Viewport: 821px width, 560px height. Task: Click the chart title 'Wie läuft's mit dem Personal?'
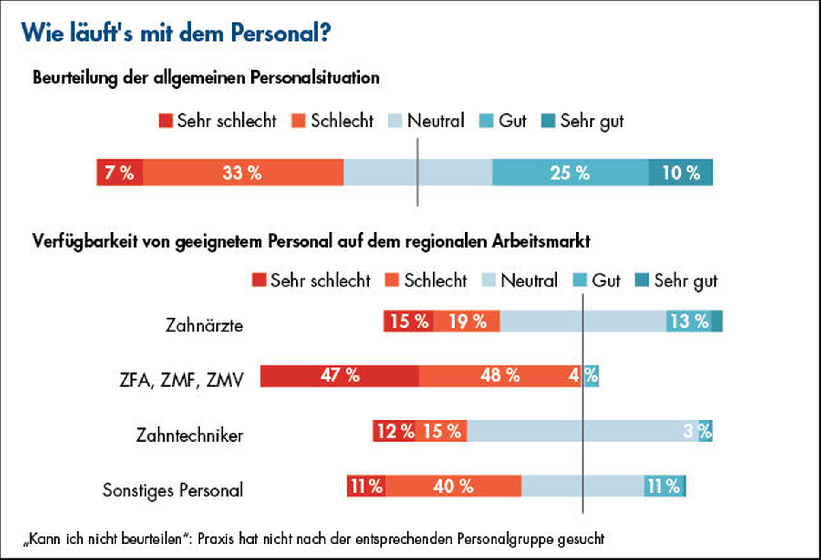(x=175, y=33)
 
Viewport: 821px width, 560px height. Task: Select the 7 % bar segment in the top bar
(x=120, y=172)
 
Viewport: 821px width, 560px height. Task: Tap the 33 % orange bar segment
(x=243, y=172)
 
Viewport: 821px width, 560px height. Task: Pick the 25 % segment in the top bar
(x=570, y=172)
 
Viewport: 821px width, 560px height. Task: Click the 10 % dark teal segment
(x=681, y=172)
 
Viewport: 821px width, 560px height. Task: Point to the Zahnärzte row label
(x=204, y=325)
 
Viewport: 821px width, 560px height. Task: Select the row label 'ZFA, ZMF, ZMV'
(x=181, y=380)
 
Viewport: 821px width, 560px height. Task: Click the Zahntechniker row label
(x=189, y=435)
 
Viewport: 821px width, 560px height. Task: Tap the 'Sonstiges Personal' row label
(x=173, y=490)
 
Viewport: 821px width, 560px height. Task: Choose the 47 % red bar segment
(x=340, y=375)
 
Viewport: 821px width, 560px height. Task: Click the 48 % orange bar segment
(x=500, y=375)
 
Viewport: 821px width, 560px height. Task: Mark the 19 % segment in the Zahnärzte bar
(x=467, y=321)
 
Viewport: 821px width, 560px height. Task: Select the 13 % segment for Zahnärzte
(x=689, y=321)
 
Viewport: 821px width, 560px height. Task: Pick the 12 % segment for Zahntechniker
(x=395, y=431)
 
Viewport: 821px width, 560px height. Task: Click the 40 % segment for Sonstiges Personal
(x=453, y=486)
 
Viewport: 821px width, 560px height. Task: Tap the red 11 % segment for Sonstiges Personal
(x=366, y=486)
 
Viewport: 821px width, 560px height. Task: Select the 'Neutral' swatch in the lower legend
(x=489, y=280)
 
